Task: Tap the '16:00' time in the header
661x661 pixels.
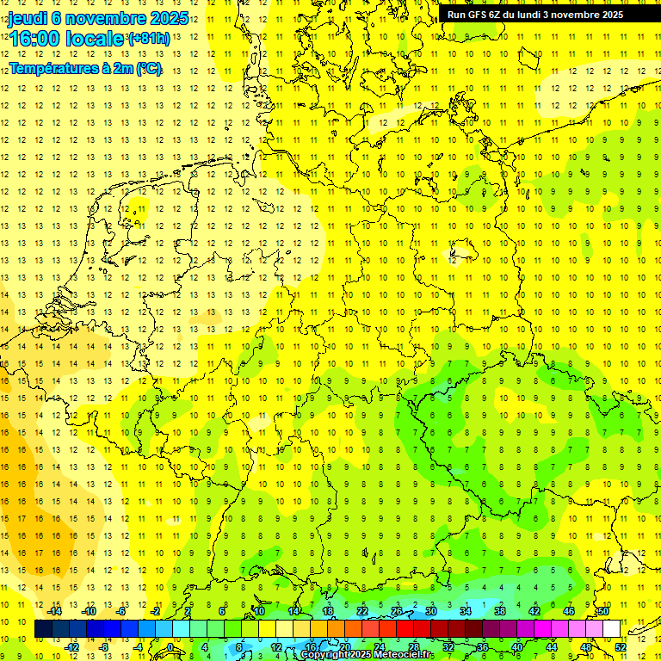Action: point(39,40)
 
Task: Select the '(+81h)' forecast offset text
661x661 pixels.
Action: point(148,40)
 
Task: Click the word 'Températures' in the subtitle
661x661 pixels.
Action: point(53,69)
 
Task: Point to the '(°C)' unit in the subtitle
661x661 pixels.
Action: point(148,69)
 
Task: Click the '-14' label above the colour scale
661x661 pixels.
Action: point(54,611)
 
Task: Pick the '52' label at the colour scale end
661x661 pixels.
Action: point(621,647)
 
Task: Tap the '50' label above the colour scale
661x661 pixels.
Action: point(603,611)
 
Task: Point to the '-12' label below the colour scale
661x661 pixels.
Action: point(71,647)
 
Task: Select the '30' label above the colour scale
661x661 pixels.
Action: point(431,611)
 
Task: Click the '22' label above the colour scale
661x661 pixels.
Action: point(362,611)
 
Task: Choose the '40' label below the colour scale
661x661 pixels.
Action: point(517,647)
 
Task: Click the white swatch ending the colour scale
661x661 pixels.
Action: point(611,629)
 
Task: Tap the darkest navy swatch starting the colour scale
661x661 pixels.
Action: point(43,629)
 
